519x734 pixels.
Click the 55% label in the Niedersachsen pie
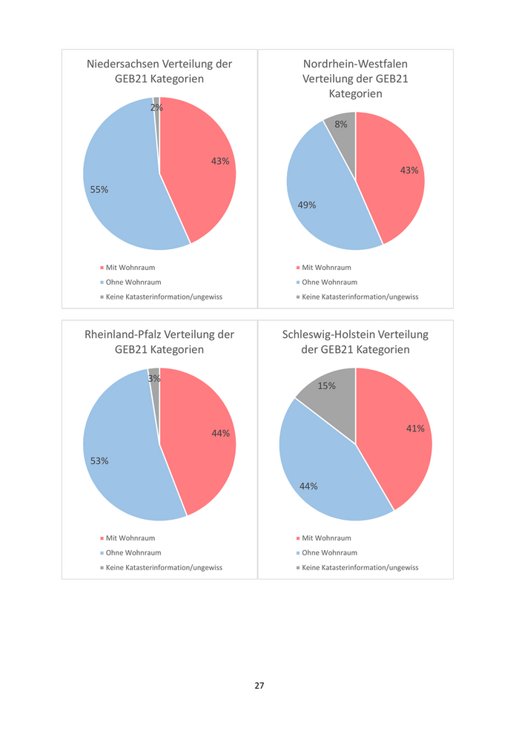(99, 190)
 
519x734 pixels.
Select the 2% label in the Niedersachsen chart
(156, 108)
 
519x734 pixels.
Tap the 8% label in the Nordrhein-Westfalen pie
(341, 125)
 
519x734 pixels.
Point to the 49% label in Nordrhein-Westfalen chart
(307, 205)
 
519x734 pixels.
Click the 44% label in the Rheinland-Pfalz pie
(221, 433)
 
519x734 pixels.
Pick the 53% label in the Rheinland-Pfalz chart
(99, 460)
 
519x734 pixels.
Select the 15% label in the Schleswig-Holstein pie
(327, 386)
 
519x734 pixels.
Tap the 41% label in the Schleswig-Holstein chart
(415, 428)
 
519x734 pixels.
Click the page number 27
(259, 686)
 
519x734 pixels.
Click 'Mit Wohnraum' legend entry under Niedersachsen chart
(130, 268)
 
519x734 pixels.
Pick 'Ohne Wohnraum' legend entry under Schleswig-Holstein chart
(329, 553)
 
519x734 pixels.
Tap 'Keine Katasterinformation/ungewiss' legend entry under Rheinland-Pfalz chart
(164, 568)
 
